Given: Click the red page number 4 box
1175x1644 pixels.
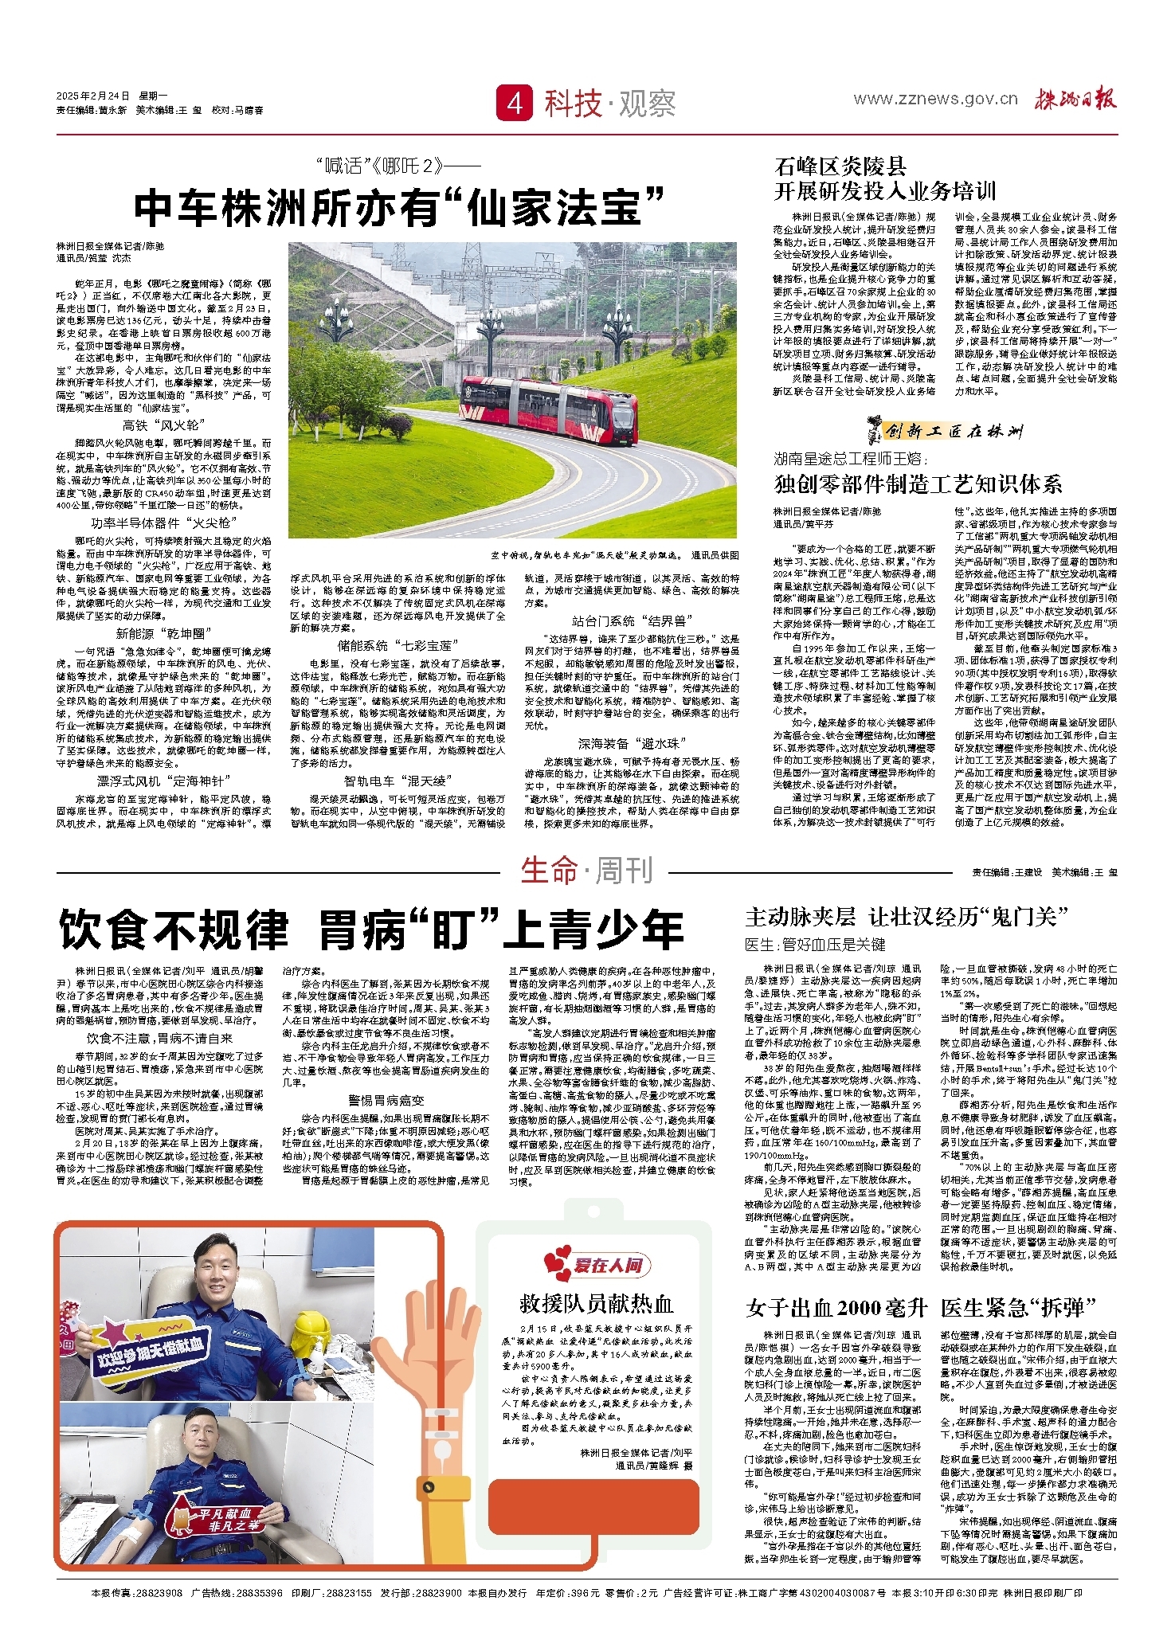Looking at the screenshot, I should pyautogui.click(x=515, y=103).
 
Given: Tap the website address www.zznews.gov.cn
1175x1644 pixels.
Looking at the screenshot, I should pyautogui.click(x=935, y=99).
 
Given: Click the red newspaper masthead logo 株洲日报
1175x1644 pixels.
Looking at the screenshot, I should pyautogui.click(x=1075, y=99).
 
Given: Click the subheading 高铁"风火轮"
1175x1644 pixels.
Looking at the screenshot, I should pyautogui.click(x=163, y=426).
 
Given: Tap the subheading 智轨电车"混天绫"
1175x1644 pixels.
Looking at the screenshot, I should pyautogui.click(x=398, y=781).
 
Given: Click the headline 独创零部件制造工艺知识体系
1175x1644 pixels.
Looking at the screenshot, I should pyautogui.click(x=918, y=484).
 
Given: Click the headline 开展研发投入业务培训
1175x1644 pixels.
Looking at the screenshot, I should pyautogui.click(x=885, y=191).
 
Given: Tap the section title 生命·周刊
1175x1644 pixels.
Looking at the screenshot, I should pyautogui.click(x=586, y=871).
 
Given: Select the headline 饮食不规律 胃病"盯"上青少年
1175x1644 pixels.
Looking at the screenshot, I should pyautogui.click(x=371, y=929).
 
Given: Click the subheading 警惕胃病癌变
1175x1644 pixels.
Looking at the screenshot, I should pyautogui.click(x=386, y=1100).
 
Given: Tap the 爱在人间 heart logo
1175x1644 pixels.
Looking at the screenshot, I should pyautogui.click(x=597, y=1265).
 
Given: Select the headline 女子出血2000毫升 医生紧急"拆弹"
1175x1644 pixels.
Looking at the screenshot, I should pyautogui.click(x=921, y=1307).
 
